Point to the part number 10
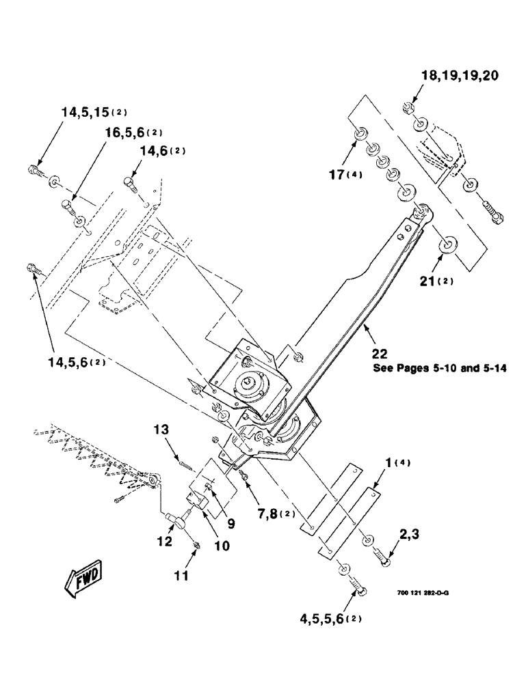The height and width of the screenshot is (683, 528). [222, 546]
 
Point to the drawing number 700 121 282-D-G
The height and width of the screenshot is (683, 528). [423, 593]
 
